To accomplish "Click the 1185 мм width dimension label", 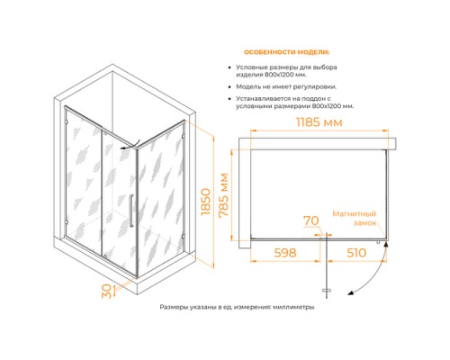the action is (x=319, y=122).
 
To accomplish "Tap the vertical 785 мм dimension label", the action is (x=224, y=194).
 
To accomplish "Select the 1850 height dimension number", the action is (x=206, y=202).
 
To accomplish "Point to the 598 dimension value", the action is (x=285, y=253).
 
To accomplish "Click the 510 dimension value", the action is (x=356, y=253).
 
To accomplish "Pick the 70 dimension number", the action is (x=311, y=220).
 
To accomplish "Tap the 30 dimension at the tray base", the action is (x=106, y=291).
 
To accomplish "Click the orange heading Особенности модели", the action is (x=286, y=52).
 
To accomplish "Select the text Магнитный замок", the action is (x=355, y=219).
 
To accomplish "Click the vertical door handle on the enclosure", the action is (x=130, y=211).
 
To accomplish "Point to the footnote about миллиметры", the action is (x=237, y=307).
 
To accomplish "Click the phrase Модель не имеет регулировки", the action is (x=286, y=87).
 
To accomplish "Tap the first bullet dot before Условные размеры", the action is (x=229, y=68).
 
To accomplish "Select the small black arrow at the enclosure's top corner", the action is (x=129, y=145).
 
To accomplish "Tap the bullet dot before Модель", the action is (x=229, y=87).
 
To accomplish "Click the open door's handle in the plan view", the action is (x=327, y=291).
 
